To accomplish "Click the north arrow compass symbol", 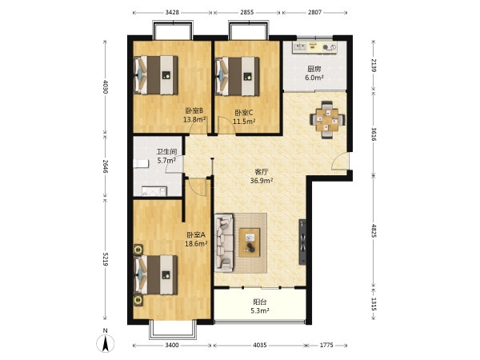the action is (x=106, y=343).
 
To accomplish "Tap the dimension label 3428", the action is (x=172, y=12).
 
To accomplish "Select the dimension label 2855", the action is (x=246, y=12).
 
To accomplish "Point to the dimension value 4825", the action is (x=374, y=230).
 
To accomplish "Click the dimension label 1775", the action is (x=326, y=345).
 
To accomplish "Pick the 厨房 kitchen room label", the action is (x=314, y=69).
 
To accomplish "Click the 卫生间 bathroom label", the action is (x=166, y=151).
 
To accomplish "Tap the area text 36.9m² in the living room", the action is (x=262, y=181).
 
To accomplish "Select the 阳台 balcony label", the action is (x=260, y=302).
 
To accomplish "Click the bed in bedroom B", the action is (x=156, y=75).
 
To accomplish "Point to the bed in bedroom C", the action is (x=238, y=76).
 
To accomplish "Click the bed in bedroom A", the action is (x=156, y=275).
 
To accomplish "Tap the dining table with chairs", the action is (x=327, y=120).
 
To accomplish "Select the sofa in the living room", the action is (x=224, y=243).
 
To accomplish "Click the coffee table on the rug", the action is (x=250, y=242).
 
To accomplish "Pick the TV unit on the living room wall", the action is (x=302, y=242).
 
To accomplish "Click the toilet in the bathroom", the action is (x=141, y=164).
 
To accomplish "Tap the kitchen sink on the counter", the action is (x=299, y=47).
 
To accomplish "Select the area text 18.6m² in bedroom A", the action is (x=196, y=244).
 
